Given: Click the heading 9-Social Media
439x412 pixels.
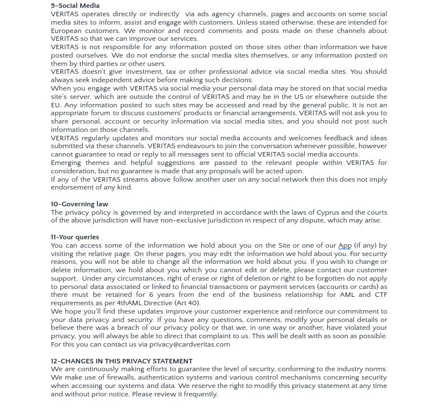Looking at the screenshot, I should pos(75,6).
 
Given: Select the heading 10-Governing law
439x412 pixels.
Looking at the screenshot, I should pos(79,204).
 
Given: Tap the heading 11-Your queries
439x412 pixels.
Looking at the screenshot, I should pos(75,237).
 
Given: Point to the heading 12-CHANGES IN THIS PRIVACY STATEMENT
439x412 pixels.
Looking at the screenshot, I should pos(121,361).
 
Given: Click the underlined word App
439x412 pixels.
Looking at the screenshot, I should pos(344,245).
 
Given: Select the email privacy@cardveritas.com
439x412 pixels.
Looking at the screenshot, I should pos(190,344).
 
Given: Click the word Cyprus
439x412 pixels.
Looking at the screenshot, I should pos(328,212).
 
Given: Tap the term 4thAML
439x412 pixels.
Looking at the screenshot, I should pos(129,303).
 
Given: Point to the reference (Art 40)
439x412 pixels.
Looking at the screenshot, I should pos(187,303).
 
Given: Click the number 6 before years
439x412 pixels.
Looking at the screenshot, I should pos(151,295).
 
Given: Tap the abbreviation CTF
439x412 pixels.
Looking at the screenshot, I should pos(380,295).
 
